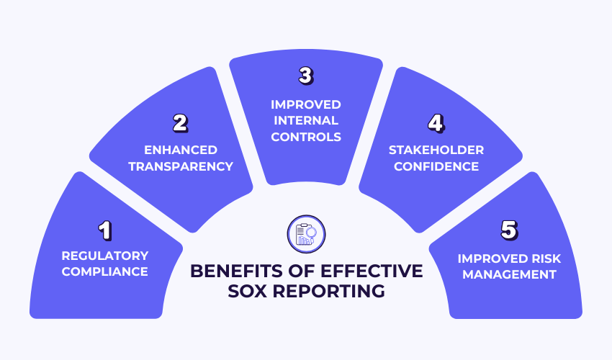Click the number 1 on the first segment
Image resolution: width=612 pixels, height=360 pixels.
tap(105, 231)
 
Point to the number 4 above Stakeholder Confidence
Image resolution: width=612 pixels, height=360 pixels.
tap(435, 123)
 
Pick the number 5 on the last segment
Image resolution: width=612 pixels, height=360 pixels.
tap(508, 231)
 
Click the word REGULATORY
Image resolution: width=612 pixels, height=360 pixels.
tap(105, 256)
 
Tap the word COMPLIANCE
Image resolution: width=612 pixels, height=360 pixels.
tap(105, 271)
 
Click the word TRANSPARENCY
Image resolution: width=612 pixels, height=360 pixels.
tap(189, 166)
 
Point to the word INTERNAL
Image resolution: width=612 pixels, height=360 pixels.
tap(306, 120)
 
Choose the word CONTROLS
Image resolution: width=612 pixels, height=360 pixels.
tap(306, 136)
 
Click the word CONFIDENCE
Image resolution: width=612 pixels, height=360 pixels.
tap(436, 166)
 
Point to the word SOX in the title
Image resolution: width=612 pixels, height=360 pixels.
tap(257, 292)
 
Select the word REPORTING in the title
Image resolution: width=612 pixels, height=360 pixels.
tap(335, 292)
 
